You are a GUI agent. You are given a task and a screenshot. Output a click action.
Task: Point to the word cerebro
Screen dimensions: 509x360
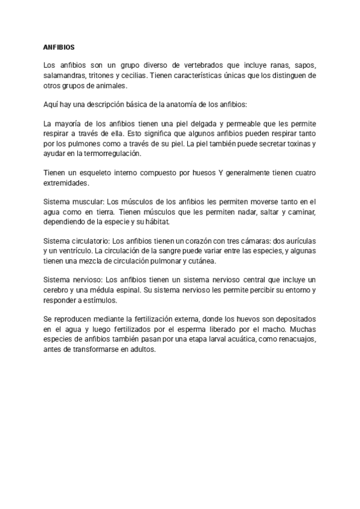tap(58, 290)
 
